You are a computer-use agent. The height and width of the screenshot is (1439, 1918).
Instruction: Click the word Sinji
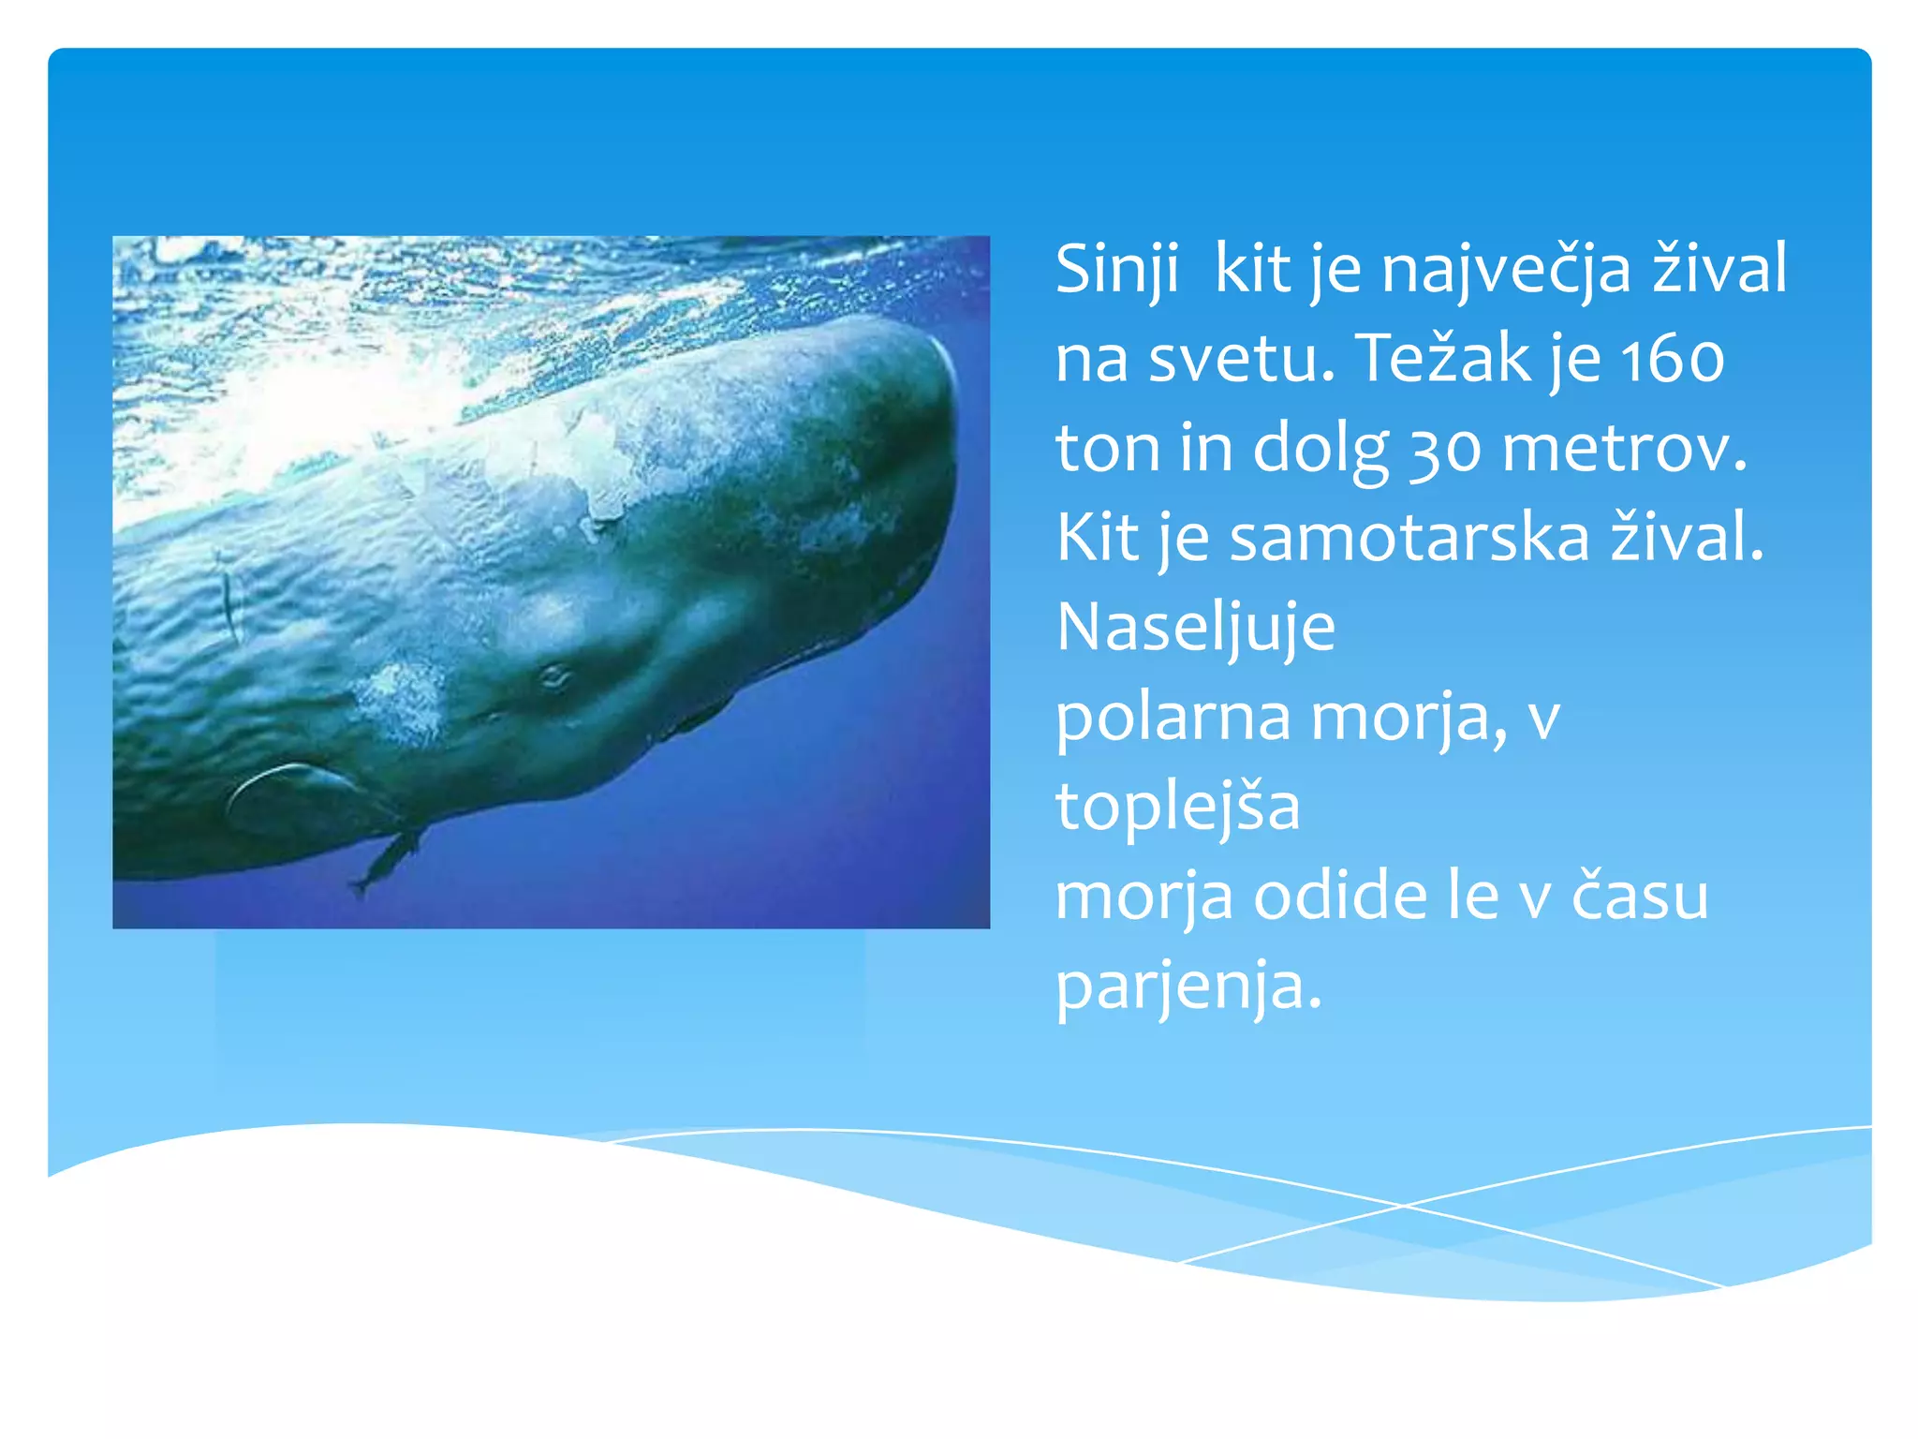[x=1116, y=270]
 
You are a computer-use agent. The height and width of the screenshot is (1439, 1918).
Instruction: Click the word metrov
[x=1624, y=450]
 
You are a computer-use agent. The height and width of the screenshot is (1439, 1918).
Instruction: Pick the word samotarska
[x=1409, y=538]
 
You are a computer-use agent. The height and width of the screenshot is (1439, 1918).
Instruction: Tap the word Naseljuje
[x=1195, y=628]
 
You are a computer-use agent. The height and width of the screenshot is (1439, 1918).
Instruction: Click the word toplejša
[x=1177, y=807]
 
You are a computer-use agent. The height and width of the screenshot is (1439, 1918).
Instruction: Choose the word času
[x=1639, y=897]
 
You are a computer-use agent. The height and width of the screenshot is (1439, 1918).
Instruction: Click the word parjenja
[x=1188, y=987]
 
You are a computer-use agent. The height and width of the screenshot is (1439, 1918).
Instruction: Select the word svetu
[x=1241, y=359]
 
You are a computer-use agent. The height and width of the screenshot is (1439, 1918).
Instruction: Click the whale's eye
[x=553, y=675]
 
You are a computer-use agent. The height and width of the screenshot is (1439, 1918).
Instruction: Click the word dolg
[x=1320, y=450]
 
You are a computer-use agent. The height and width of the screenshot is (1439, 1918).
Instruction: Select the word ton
[x=1108, y=450]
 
